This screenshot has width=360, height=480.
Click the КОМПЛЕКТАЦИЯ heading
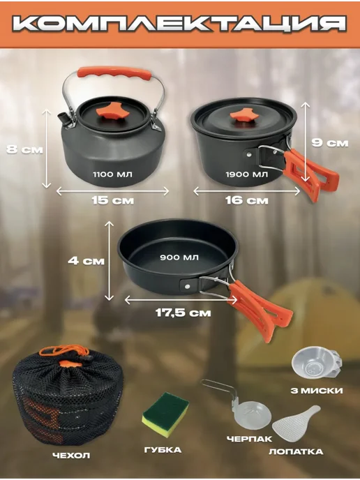click(179, 23)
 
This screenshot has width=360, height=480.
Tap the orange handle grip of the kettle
click(114, 73)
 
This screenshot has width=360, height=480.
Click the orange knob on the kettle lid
click(112, 112)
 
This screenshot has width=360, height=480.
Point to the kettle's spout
click(63, 117)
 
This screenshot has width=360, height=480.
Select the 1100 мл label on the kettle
click(112, 174)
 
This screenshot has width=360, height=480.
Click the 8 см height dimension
click(24, 149)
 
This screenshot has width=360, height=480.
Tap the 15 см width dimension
click(112, 200)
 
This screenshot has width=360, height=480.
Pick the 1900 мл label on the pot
click(247, 174)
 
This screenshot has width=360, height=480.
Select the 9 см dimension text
click(330, 143)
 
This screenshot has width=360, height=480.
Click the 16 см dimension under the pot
click(247, 200)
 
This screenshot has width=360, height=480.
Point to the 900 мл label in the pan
click(179, 257)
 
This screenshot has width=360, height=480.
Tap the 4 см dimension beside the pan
click(86, 261)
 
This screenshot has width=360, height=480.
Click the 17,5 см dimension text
click(183, 313)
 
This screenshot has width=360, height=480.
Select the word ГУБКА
click(163, 450)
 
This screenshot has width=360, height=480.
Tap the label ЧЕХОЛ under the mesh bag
click(71, 456)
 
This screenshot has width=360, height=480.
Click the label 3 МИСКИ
click(317, 391)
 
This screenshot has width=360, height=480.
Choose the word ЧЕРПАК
click(249, 439)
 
